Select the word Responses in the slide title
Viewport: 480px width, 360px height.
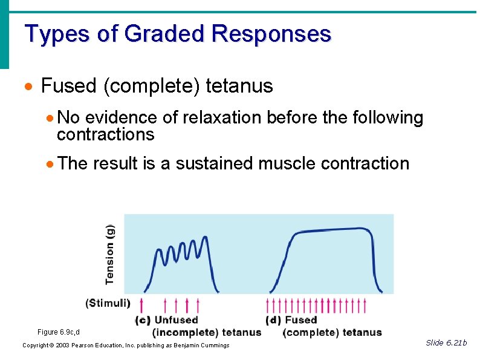(x=271, y=34)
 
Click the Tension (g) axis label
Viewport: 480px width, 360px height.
(x=110, y=254)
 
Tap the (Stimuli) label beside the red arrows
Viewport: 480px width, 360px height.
(x=108, y=303)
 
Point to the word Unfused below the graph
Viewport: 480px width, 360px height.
(x=177, y=320)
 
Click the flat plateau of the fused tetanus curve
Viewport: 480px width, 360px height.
(x=332, y=230)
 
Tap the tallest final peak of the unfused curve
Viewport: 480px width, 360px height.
(x=204, y=238)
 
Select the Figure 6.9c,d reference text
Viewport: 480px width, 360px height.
(x=59, y=332)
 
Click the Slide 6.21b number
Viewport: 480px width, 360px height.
(x=446, y=343)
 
